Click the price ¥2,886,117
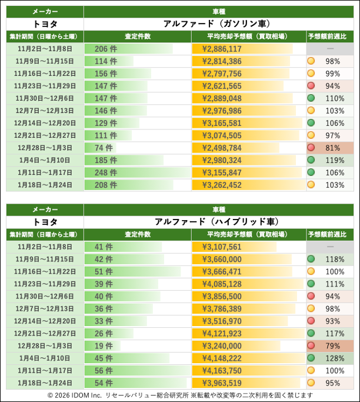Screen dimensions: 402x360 pos(222,49)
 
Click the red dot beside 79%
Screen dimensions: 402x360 pos(311,345)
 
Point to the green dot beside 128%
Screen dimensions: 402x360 pos(311,358)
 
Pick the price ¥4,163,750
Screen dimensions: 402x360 pos(222,370)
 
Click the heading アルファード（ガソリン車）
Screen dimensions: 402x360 pos(216,24)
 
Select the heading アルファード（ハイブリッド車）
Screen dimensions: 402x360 pos(216,221)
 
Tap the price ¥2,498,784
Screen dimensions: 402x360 pos(222,148)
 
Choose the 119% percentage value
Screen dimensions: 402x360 pos(334,160)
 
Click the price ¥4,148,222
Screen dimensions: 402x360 pos(222,358)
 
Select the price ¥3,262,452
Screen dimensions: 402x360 pos(222,185)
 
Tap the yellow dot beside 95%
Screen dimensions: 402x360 pos(311,383)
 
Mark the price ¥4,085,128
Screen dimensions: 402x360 pos(222,284)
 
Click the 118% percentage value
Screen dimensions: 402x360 pos(334,259)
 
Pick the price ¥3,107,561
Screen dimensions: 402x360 pos(222,247)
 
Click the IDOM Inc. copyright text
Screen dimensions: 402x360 pos(180,395)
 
